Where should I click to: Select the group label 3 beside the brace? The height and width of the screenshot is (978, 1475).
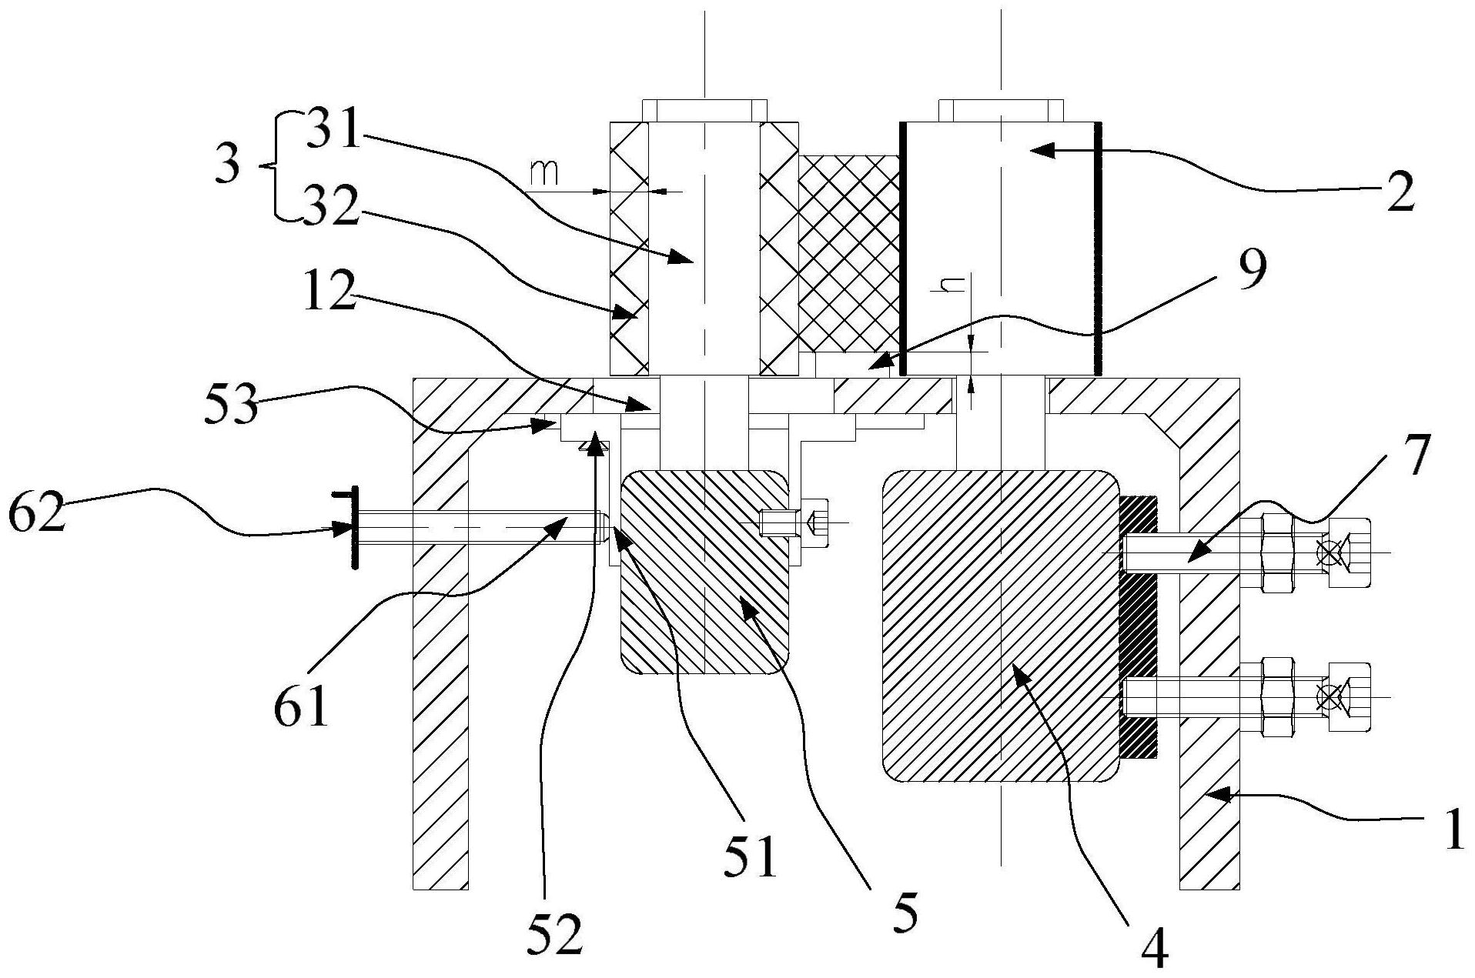click(x=227, y=165)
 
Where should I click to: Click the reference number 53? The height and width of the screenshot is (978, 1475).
click(x=230, y=405)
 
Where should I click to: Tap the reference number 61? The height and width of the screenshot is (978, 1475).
click(x=301, y=704)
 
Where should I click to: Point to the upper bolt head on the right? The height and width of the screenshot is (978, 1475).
click(x=1348, y=553)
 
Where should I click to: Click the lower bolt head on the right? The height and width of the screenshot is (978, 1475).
click(x=1348, y=696)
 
